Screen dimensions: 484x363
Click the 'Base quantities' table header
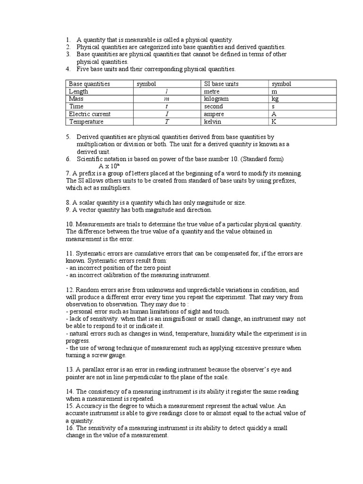(89, 84)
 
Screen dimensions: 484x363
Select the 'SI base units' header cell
(221, 84)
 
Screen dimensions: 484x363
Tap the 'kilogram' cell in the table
(216, 99)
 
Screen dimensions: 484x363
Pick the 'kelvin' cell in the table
(213, 121)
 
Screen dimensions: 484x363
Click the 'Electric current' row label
(90, 114)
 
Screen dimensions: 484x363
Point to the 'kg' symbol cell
(275, 99)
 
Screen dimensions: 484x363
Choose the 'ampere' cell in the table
(215, 114)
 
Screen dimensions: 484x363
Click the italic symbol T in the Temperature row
(166, 121)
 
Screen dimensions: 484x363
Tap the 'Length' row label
(78, 91)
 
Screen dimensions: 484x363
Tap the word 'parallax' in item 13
(91, 370)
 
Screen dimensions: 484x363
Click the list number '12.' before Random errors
(70, 290)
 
